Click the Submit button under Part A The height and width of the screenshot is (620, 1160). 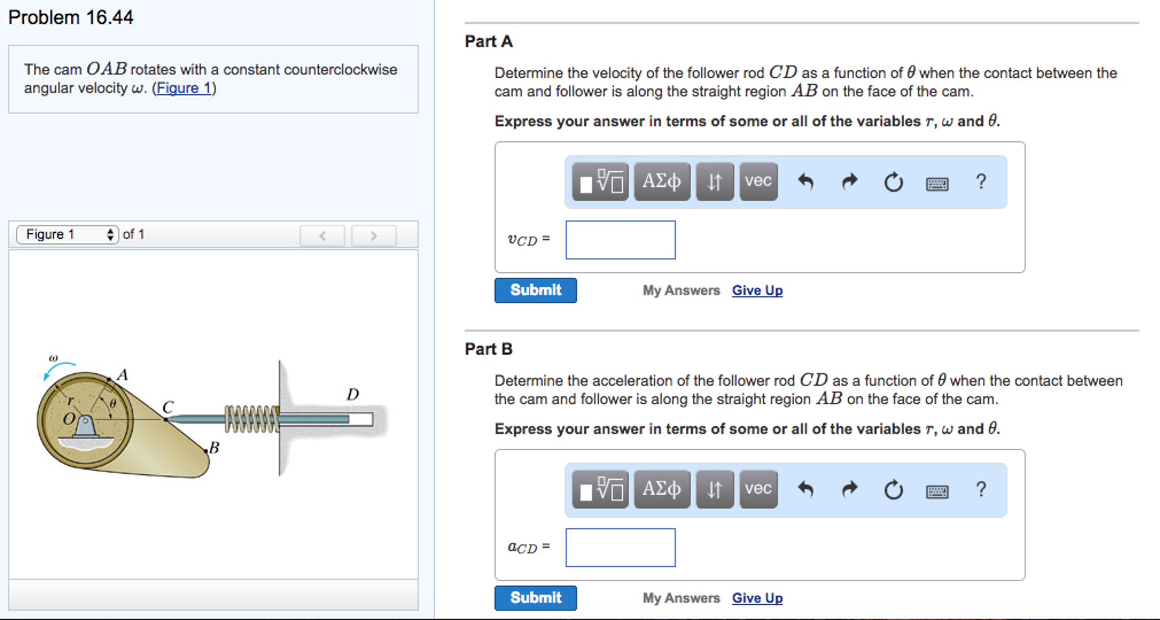535,290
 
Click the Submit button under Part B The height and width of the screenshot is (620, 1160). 535,598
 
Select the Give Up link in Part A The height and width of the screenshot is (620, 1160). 757,290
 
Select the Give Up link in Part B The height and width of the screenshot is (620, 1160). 757,598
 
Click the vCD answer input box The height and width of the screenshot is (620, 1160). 620,240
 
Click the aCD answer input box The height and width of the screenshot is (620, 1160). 620,547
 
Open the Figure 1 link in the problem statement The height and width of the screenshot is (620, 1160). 184,88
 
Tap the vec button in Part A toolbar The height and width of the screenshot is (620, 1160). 758,182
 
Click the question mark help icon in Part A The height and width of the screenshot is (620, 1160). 981,182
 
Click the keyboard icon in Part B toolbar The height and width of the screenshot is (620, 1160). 937,491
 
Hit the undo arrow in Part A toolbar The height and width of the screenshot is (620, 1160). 806,182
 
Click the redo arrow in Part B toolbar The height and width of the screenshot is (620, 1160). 849,489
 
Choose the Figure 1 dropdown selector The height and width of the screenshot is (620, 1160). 67,234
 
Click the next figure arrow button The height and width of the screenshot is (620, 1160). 373,235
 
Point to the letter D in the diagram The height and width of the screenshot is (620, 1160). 353,394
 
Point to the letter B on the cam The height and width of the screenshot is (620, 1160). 214,448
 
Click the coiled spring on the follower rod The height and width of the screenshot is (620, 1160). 252,419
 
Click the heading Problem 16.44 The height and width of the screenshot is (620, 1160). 71,18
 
